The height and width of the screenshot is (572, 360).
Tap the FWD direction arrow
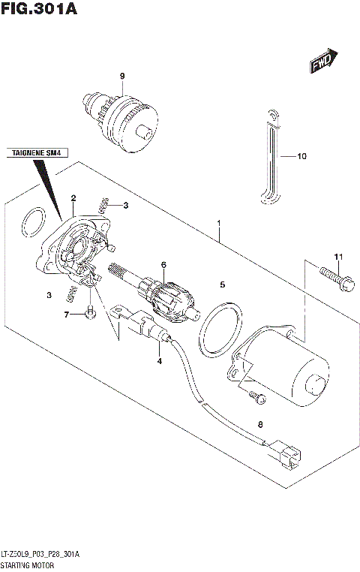[x=324, y=63]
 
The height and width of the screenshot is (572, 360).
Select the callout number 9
[x=121, y=76]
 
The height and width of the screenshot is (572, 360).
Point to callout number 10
[x=302, y=157]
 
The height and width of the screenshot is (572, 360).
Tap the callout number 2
[x=73, y=198]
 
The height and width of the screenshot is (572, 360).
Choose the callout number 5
[x=222, y=284]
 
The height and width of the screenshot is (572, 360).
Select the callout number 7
[x=66, y=314]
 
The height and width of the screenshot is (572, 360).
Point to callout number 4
[x=159, y=362]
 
